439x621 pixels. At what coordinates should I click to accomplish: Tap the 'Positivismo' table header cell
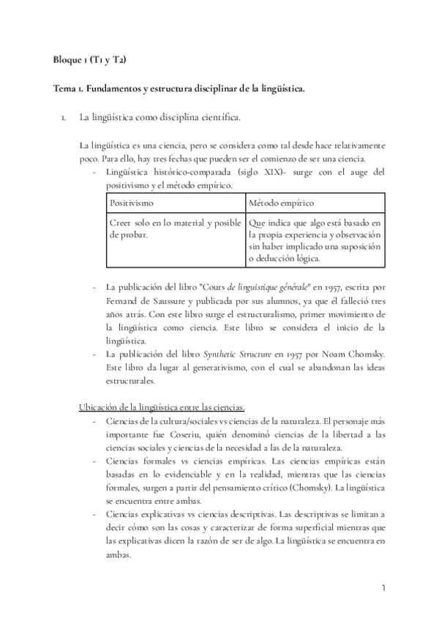132,202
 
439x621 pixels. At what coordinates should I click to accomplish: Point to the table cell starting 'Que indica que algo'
315,241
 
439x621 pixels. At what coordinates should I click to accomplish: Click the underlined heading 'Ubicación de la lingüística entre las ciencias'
161,406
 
